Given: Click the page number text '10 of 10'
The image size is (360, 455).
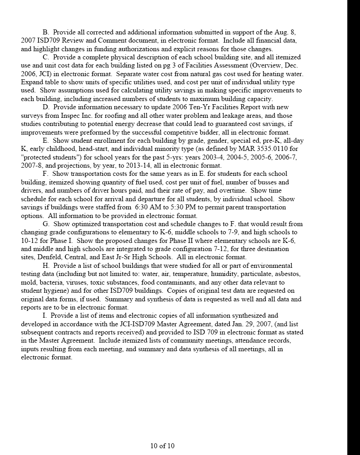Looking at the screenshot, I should click(x=162, y=445).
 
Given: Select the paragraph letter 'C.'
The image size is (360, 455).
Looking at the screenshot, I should click(x=46, y=58).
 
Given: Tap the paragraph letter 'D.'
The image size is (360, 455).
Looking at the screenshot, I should click(x=46, y=107).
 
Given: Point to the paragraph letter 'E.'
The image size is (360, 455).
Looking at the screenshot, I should click(x=46, y=141).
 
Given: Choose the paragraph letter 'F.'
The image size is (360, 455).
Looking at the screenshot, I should click(x=46, y=174).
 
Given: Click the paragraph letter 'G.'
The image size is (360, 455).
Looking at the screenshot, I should click(x=46, y=224).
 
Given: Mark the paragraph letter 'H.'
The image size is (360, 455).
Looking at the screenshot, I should click(x=46, y=266).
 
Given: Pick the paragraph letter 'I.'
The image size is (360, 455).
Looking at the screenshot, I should click(x=45, y=315).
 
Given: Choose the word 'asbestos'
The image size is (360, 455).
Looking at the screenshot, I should click(x=288, y=274).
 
